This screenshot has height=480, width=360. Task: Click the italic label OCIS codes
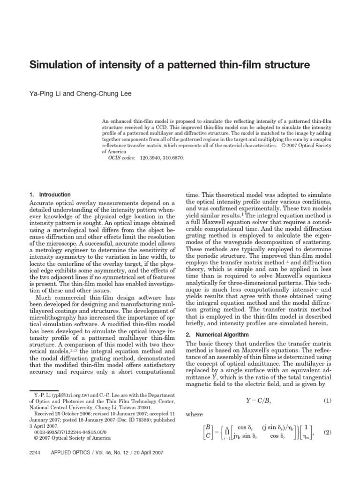point(120,158)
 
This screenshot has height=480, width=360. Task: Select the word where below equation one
point(195,414)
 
